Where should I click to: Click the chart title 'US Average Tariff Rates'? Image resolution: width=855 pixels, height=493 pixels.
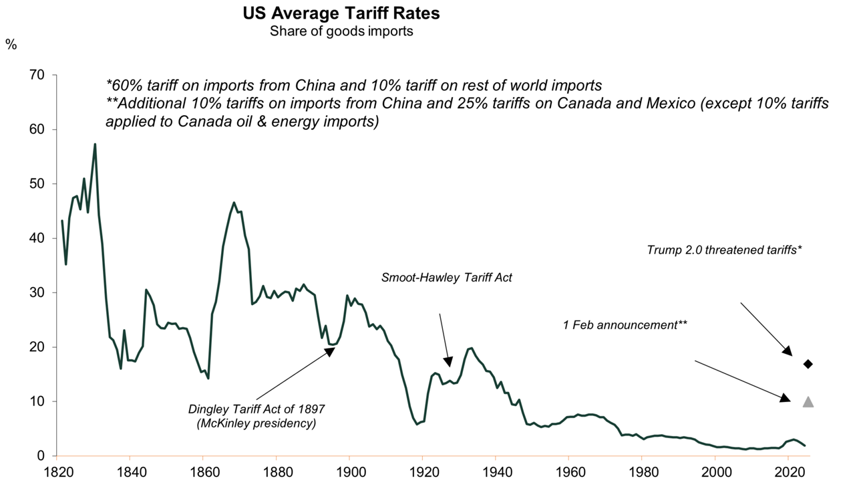[x=341, y=13]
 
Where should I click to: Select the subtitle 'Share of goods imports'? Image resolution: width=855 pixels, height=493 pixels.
[x=341, y=31]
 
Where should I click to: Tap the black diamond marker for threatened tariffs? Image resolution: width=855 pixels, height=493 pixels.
[x=808, y=364]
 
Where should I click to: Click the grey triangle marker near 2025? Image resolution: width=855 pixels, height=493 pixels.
[x=808, y=402]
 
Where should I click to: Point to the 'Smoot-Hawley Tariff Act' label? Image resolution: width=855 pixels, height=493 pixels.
[x=446, y=277]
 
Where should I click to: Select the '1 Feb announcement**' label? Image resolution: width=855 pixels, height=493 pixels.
[x=625, y=324]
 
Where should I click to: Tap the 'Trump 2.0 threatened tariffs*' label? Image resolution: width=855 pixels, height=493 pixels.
[x=724, y=250]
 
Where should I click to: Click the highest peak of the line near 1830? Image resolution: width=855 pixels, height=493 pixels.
[x=95, y=144]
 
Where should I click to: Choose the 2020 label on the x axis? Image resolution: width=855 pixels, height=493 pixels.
[x=788, y=473]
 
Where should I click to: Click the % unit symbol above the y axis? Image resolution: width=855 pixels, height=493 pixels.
[x=11, y=45]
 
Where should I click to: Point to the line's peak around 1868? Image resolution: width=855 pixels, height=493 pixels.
[x=234, y=203]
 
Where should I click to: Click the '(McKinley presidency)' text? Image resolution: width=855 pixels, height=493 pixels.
[x=256, y=423]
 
